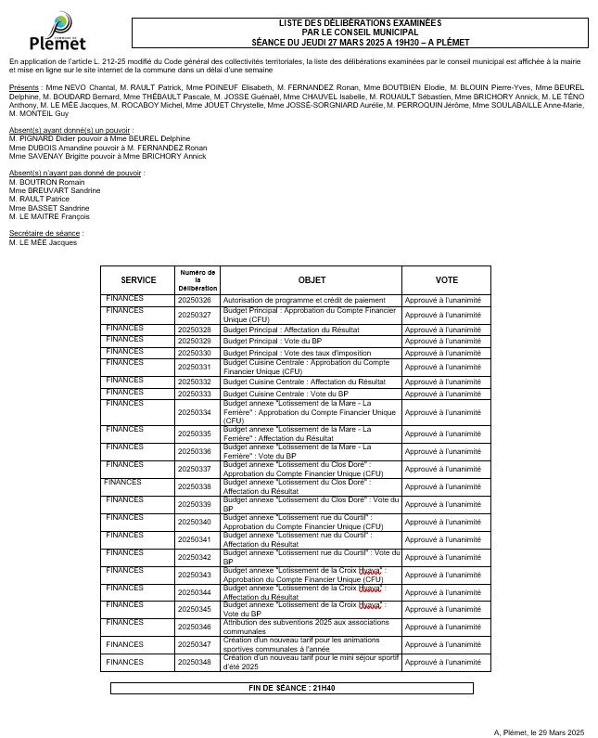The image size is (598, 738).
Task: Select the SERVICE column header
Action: [138, 279]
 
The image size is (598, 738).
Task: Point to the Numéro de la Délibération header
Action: [197, 279]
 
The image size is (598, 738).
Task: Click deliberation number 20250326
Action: [195, 301]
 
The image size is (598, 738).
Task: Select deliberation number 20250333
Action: [195, 395]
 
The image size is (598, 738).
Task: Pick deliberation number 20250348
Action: [195, 662]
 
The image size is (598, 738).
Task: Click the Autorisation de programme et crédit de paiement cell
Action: [290, 301]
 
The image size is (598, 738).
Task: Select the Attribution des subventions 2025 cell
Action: [306, 627]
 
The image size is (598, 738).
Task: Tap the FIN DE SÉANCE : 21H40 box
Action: [291, 688]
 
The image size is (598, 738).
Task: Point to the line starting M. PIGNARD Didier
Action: [99, 138]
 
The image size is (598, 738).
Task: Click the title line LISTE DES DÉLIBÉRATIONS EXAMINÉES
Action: [360, 22]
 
